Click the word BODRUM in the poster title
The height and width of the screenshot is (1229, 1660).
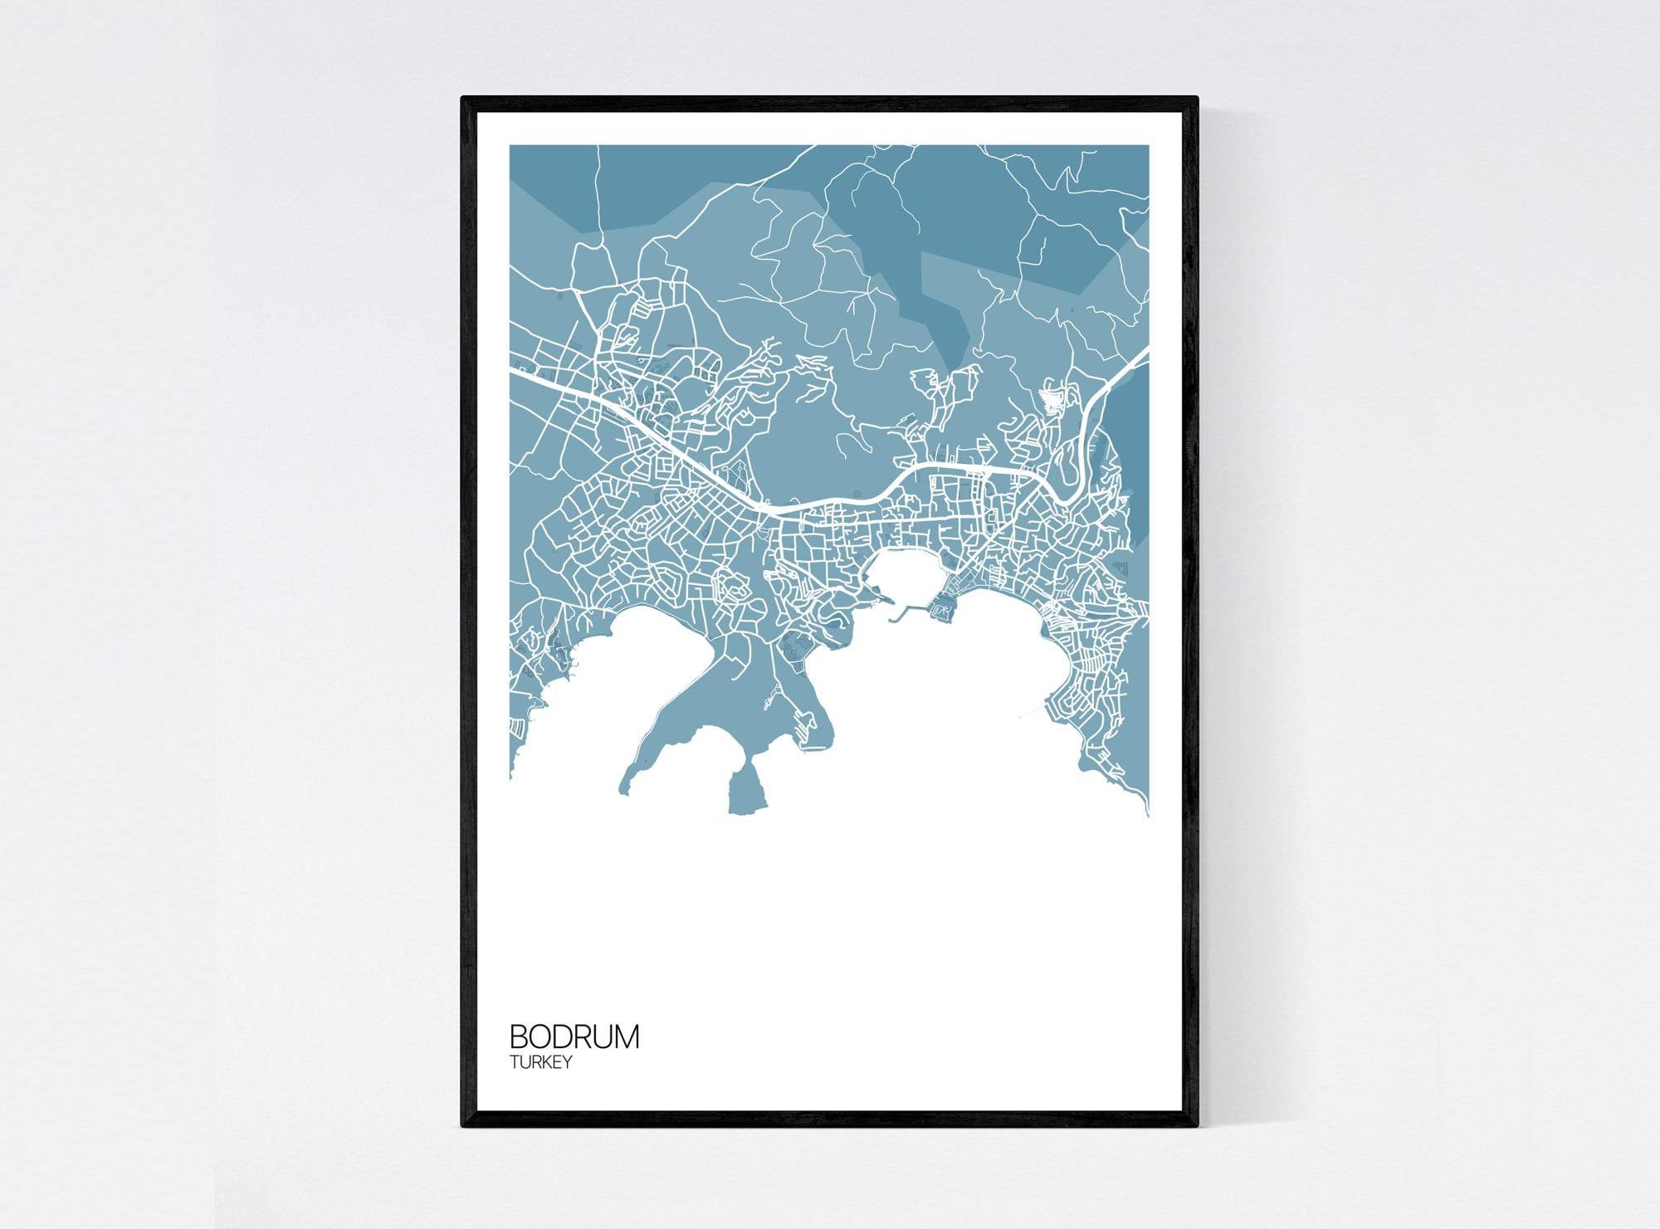point(574,1037)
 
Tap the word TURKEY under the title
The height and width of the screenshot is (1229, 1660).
point(540,1062)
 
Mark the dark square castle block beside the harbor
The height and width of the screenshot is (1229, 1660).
point(943,612)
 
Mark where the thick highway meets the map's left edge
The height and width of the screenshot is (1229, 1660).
point(512,371)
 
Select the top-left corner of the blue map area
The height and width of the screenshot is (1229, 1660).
point(510,146)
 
